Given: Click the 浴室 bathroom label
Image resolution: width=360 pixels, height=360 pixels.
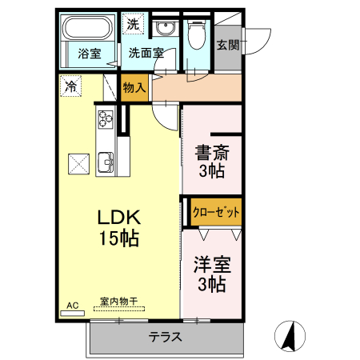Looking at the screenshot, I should (x=90, y=54).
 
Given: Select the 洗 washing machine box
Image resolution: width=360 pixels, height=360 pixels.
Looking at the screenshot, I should (x=132, y=24).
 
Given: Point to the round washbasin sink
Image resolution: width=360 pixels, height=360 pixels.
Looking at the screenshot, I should (x=166, y=30).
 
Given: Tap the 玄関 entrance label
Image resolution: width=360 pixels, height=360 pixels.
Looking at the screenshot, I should (x=227, y=45).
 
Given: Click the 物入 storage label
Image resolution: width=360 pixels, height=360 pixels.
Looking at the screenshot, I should (x=134, y=87).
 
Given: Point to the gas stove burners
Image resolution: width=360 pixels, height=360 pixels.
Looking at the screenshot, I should (x=106, y=120).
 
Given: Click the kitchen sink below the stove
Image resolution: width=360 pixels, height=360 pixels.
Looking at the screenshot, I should (x=106, y=164).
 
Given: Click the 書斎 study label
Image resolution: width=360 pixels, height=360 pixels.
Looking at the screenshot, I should (x=211, y=151).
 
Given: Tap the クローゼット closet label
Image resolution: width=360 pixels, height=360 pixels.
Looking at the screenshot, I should (x=216, y=213).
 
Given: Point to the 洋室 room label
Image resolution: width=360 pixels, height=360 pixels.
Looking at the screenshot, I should (x=211, y=265).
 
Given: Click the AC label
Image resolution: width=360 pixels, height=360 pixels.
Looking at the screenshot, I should (x=72, y=306).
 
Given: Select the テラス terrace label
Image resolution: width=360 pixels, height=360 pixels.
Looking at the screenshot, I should (x=166, y=337).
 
